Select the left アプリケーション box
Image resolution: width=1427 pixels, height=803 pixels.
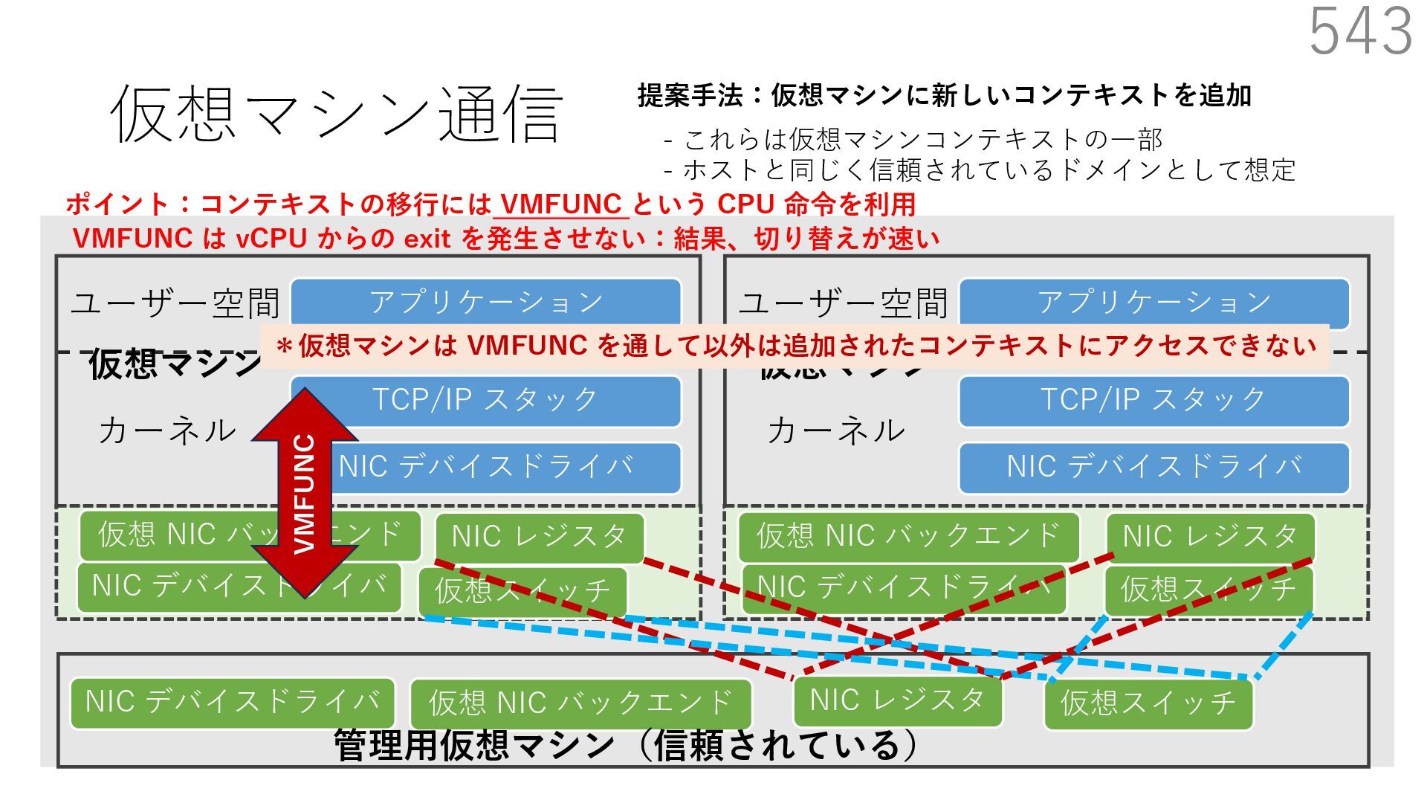486,302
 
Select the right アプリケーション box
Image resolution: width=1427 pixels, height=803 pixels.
1154,302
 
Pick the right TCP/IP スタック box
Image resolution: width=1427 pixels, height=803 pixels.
1153,400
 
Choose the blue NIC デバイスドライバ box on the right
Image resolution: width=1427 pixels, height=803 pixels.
1153,467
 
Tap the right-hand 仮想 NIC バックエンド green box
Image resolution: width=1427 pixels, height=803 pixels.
908,535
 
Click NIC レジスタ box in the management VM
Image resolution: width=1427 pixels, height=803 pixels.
897,700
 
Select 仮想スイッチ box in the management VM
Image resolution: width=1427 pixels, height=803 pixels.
1148,703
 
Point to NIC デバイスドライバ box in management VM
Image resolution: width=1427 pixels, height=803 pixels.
233,702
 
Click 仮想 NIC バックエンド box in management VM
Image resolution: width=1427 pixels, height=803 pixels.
580,703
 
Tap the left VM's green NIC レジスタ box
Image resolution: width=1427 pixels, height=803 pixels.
539,537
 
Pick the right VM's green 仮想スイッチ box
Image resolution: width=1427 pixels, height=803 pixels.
1208,589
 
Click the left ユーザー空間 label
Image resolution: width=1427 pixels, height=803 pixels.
175,303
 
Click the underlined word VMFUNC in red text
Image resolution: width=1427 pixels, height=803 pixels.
561,204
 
